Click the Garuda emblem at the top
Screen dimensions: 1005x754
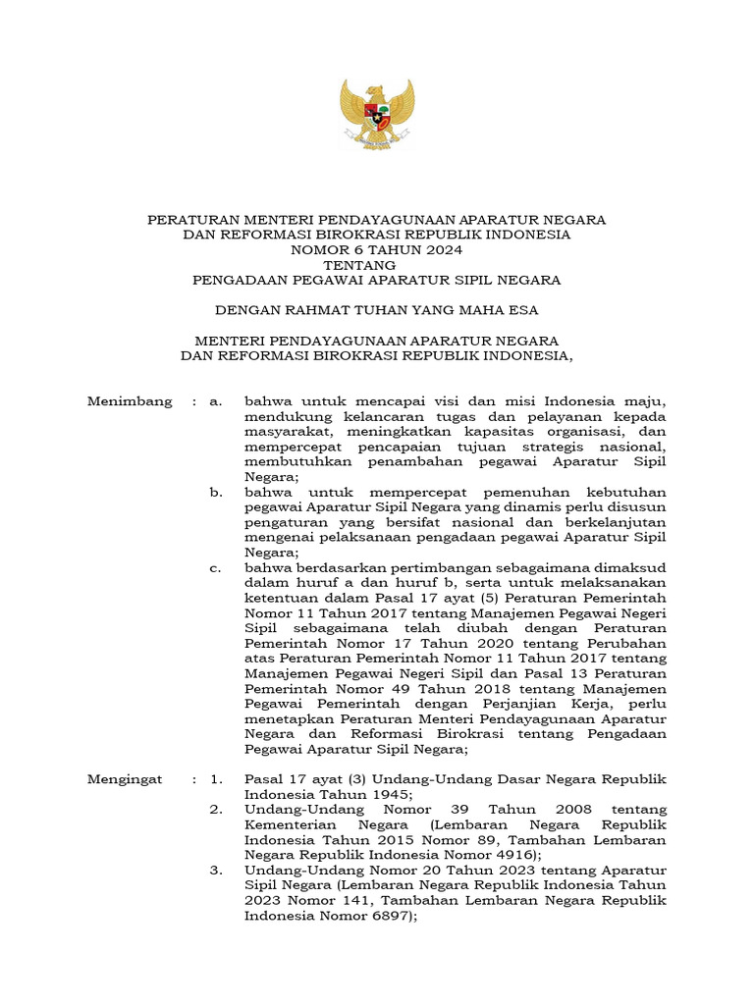(376, 113)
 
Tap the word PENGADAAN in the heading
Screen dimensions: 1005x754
(236, 281)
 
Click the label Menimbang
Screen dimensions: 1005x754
(130, 401)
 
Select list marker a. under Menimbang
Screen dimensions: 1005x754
(217, 401)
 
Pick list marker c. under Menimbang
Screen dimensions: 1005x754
(216, 567)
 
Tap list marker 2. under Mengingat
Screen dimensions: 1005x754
(216, 810)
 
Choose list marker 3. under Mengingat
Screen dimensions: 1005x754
(216, 871)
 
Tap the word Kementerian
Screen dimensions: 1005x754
(288, 824)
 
